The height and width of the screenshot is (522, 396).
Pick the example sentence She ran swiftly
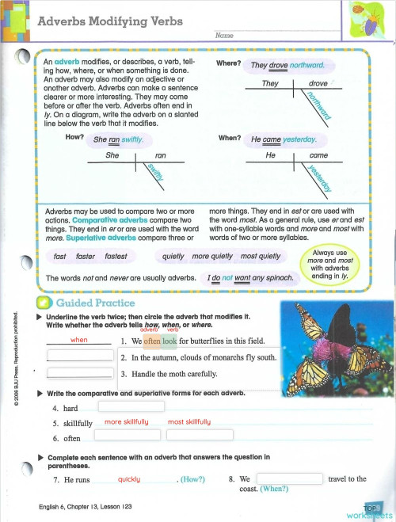(124, 139)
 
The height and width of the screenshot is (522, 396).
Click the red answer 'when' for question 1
(79, 340)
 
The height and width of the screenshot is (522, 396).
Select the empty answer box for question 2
(79, 357)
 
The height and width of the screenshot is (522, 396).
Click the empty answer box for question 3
(79, 374)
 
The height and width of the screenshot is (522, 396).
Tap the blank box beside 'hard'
(130, 406)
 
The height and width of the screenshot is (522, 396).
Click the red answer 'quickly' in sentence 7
(129, 479)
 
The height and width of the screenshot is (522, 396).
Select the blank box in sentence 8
(290, 478)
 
